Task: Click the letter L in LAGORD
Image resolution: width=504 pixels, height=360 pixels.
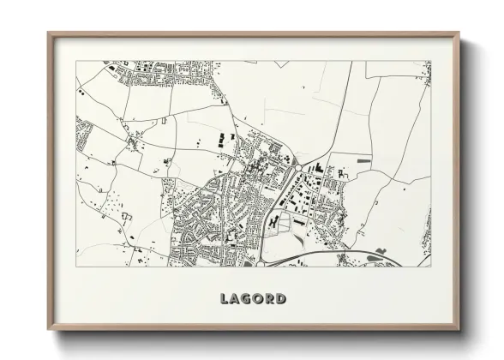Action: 225,299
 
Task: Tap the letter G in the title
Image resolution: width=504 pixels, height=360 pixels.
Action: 247,299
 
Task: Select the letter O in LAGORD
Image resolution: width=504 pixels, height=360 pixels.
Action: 259,299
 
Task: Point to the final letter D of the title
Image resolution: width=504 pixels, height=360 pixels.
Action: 281,299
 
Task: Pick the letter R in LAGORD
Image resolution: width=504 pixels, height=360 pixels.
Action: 270,299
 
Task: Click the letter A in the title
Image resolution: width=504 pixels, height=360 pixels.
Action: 236,299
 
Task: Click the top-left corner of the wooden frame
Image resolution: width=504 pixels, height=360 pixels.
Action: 48,33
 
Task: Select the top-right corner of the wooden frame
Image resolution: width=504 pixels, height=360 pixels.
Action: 459,33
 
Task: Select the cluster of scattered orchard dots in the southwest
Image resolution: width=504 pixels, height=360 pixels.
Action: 111,203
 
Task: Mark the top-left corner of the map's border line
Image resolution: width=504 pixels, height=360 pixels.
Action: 75,61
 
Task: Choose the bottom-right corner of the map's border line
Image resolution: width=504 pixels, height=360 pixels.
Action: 431,267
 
